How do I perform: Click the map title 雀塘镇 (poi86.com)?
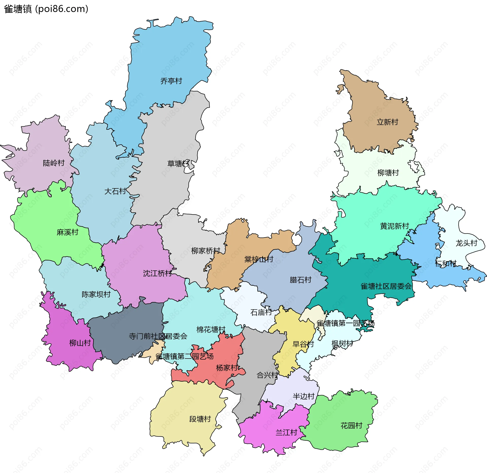(46, 9)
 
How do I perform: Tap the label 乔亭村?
(171, 81)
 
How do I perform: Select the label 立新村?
(387, 122)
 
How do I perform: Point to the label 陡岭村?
(54, 163)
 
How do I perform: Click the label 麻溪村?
(67, 232)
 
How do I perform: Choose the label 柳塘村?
(388, 173)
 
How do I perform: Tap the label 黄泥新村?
(394, 226)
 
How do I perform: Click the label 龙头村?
(466, 243)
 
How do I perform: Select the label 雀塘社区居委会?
(386, 286)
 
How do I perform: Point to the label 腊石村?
(301, 280)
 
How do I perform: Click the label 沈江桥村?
(158, 273)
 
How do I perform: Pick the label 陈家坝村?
(96, 294)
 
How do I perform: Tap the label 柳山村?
(80, 343)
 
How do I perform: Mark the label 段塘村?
(200, 419)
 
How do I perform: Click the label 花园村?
(351, 425)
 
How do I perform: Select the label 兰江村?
(286, 432)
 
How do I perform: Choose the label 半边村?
(304, 396)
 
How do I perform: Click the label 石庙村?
(261, 312)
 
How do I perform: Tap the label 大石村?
(115, 191)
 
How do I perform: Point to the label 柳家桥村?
(206, 251)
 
